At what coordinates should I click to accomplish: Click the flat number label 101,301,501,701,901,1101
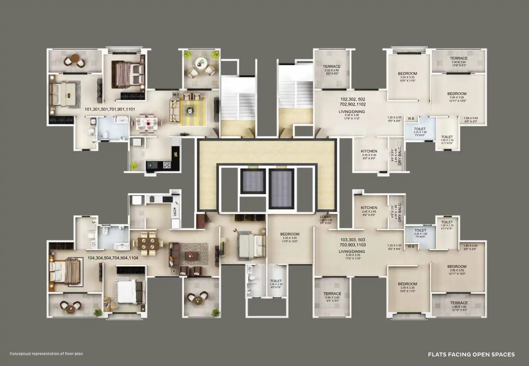tap(110, 110)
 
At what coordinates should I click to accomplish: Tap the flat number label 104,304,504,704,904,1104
tap(113, 258)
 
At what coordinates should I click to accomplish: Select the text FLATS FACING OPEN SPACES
tap(471, 354)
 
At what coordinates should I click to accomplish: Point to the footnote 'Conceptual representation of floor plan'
tap(46, 354)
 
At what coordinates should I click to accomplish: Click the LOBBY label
tap(326, 217)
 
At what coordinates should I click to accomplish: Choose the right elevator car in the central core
tap(282, 187)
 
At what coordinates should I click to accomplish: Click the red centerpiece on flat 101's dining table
tap(149, 122)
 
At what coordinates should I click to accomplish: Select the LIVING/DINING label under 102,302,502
tap(352, 112)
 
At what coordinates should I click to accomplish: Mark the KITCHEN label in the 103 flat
tap(369, 208)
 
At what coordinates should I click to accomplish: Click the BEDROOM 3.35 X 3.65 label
tap(290, 234)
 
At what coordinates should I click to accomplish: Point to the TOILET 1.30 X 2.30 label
tap(276, 281)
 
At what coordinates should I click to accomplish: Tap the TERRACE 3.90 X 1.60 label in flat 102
tap(459, 58)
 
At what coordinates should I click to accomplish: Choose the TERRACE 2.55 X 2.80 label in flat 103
tap(332, 294)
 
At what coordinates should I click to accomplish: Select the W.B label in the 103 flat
tap(411, 247)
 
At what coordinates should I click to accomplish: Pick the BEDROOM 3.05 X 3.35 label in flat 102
tap(407, 73)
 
